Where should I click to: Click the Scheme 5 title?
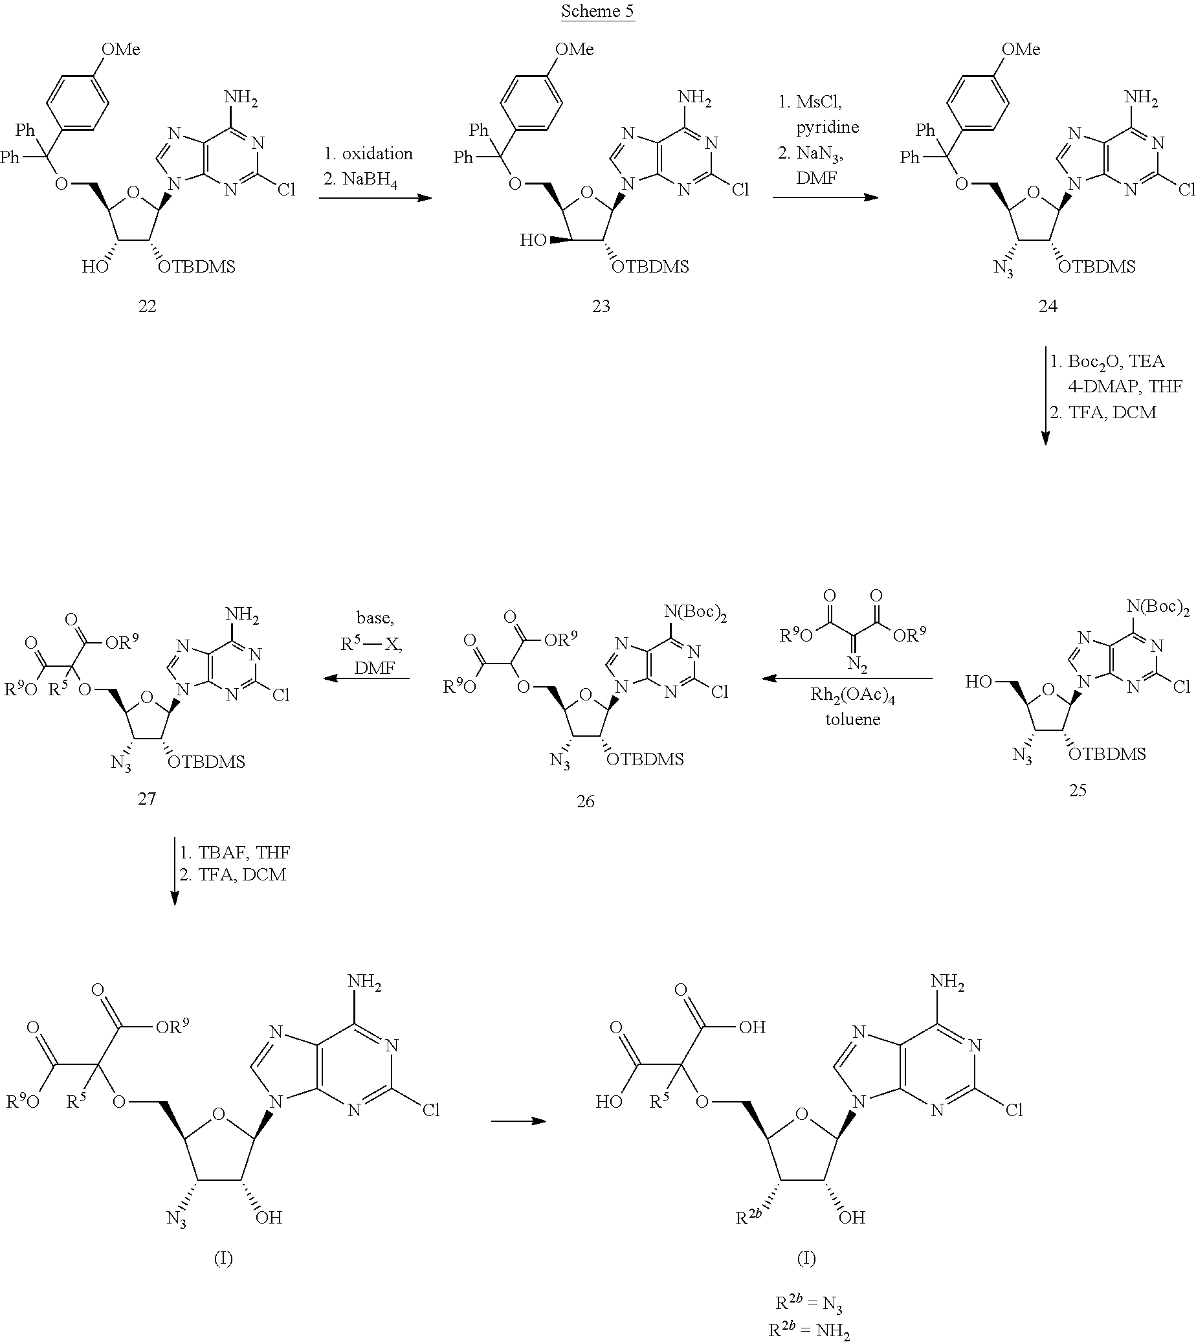pos(597,12)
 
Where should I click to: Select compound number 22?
pos(147,306)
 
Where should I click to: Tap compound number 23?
pos(601,306)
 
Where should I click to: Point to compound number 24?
pos(1048,306)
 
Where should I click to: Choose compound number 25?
pos(1077,790)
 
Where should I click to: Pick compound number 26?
pos(585,801)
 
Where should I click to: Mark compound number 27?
pos(147,798)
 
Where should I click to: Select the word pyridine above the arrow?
pos(827,127)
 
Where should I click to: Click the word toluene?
pos(853,720)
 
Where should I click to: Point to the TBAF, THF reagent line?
pos(236,853)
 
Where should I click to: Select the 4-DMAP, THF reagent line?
pos(1125,386)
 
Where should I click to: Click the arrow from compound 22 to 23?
pos(375,197)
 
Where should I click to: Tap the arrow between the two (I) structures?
pos(519,1121)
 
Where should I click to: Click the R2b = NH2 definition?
pos(809,1331)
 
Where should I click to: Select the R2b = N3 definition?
pos(809,1303)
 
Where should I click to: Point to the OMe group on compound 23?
pos(573,50)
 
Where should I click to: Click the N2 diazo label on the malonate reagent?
pos(856,664)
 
